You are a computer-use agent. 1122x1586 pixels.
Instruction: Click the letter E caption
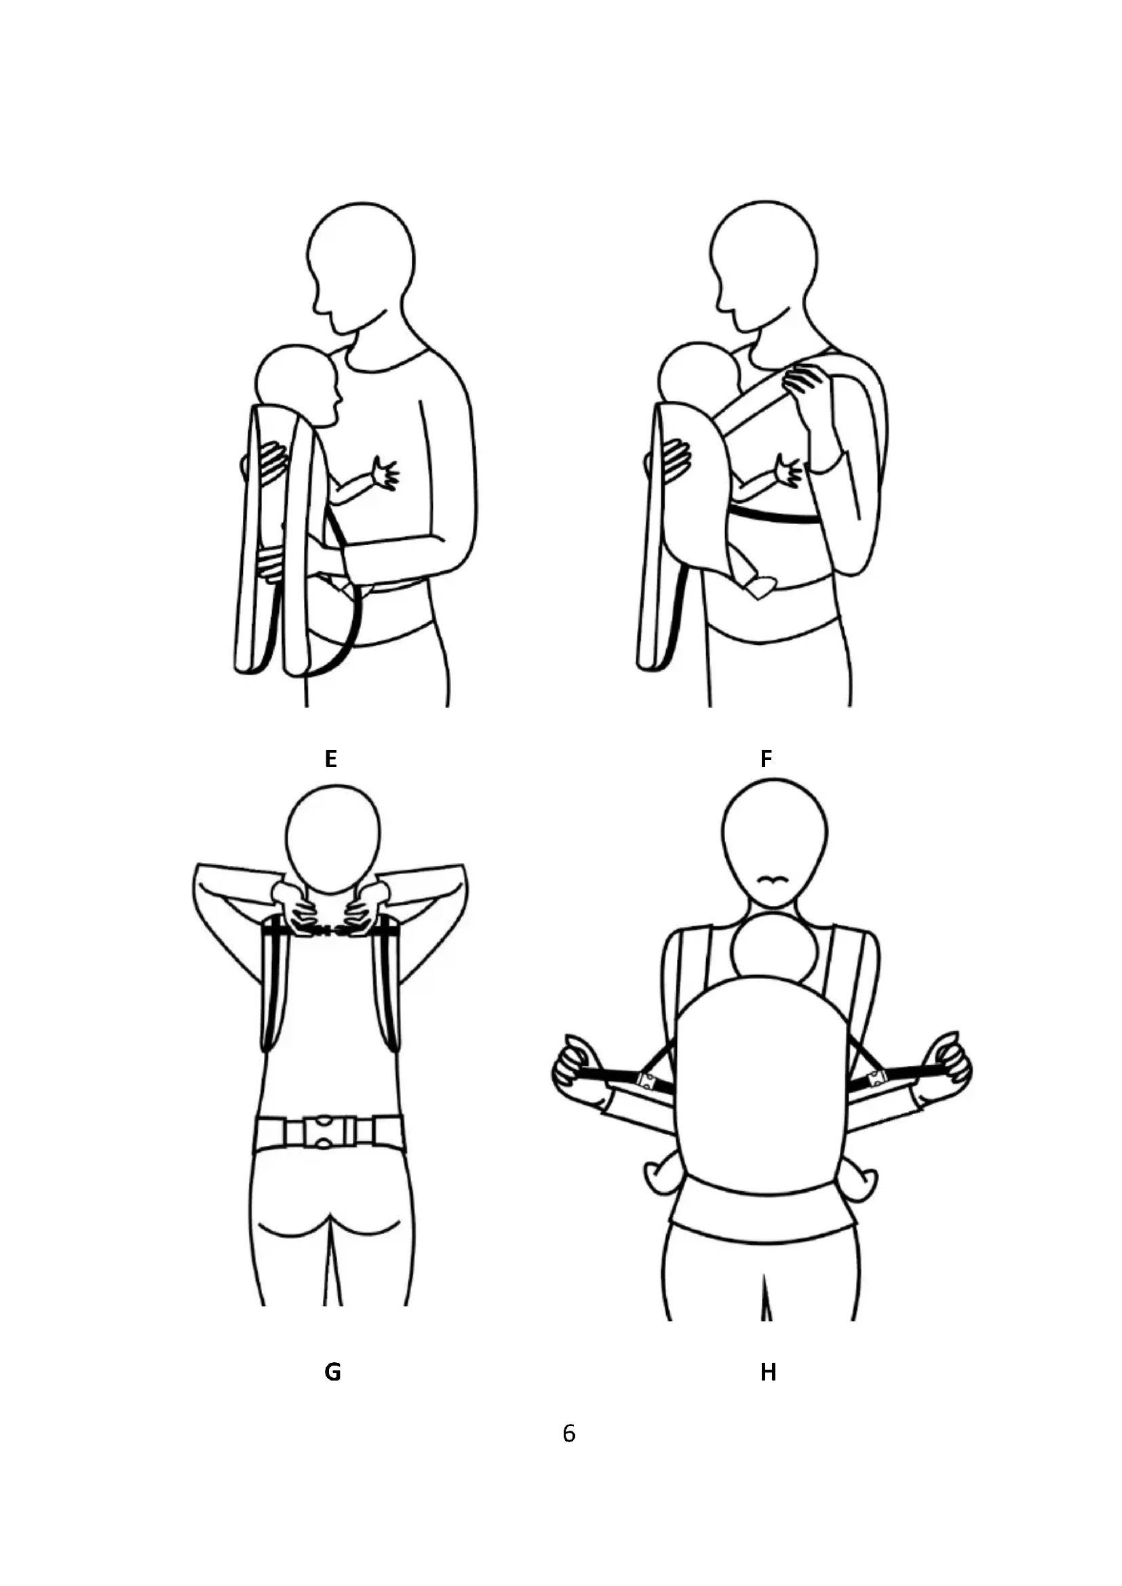[331, 759]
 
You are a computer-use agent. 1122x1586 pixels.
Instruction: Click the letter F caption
[765, 759]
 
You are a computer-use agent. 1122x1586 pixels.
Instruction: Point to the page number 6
[568, 1433]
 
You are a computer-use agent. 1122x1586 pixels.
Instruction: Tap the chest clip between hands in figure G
[328, 932]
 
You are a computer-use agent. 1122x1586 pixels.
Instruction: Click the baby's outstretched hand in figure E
[384, 474]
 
